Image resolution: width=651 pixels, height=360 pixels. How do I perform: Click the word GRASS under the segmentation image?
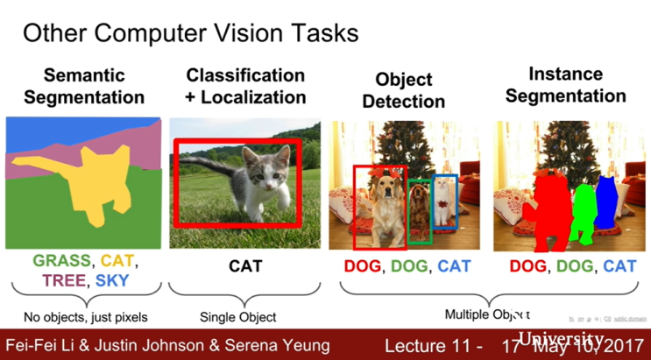tap(62, 261)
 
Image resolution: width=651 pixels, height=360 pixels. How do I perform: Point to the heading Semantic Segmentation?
tap(84, 85)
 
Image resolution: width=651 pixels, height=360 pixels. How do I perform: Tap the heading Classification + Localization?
tap(245, 85)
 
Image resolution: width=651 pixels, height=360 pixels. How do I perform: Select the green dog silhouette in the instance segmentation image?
tap(581, 211)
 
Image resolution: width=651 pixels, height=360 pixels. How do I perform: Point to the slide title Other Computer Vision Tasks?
tap(190, 33)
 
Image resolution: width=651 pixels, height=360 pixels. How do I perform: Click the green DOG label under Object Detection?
tap(411, 265)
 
